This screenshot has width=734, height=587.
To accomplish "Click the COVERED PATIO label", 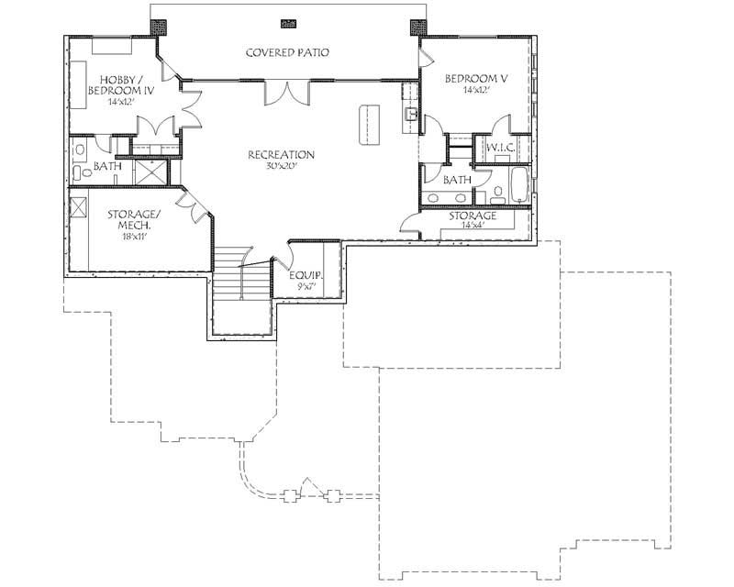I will pyautogui.click(x=286, y=52).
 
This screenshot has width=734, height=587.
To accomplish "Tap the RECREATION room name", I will pyautogui.click(x=281, y=155).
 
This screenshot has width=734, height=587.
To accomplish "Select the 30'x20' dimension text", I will pyautogui.click(x=281, y=167).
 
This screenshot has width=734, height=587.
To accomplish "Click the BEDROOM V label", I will pyautogui.click(x=476, y=79).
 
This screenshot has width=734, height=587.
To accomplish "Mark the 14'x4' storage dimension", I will pyautogui.click(x=473, y=226).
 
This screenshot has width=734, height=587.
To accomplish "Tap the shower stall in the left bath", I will pyautogui.click(x=149, y=172).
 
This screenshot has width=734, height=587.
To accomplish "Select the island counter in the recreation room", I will pyautogui.click(x=370, y=124).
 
